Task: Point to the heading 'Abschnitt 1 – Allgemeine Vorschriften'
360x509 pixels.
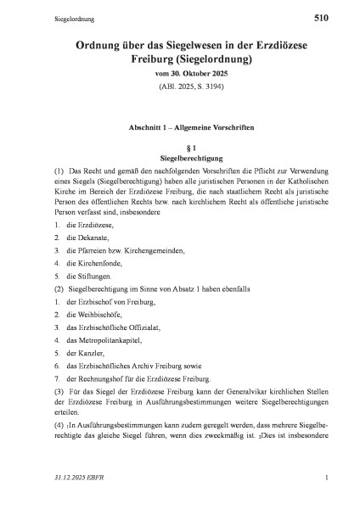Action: point(179,126)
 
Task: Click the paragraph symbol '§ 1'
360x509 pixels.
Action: point(179,147)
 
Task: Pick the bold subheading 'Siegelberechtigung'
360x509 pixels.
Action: point(179,158)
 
